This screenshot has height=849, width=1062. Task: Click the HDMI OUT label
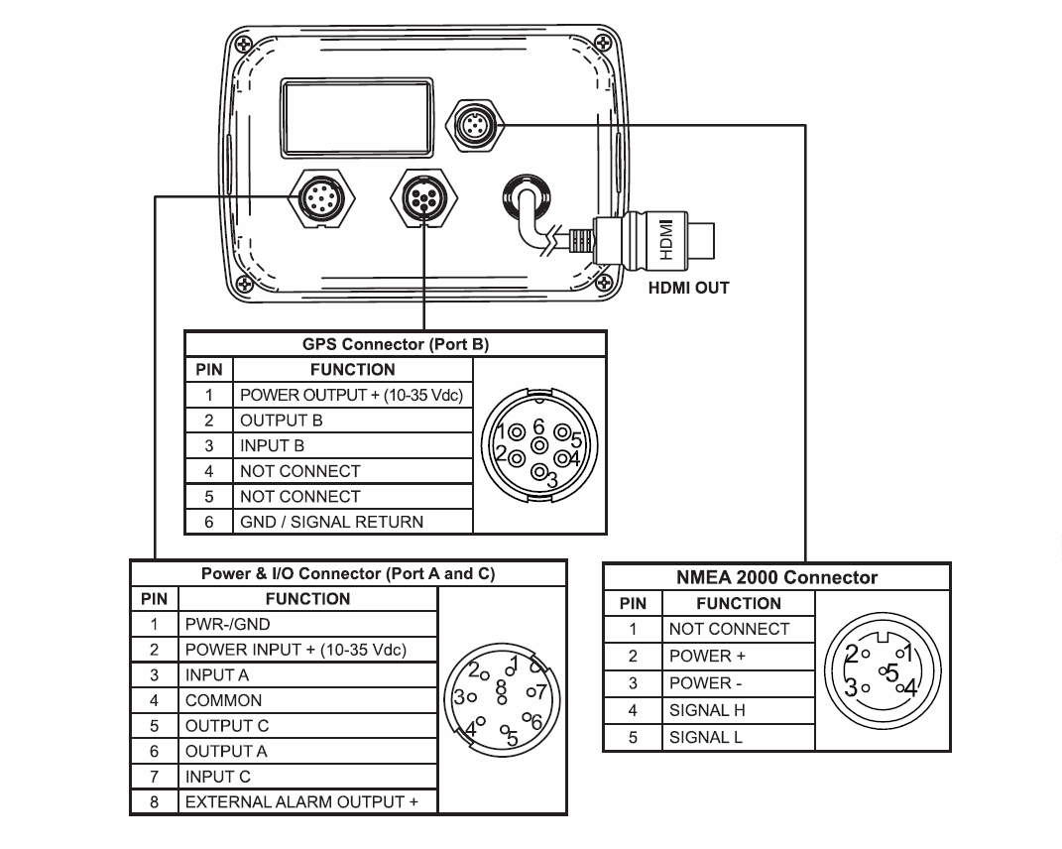(688, 289)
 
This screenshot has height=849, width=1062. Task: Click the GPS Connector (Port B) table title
(395, 345)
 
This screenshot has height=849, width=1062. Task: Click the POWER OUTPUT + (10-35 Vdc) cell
(351, 395)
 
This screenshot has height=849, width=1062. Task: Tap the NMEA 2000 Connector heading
(776, 577)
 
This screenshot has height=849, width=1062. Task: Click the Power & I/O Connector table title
(347, 574)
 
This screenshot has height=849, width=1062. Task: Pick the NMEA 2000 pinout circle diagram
(882, 671)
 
